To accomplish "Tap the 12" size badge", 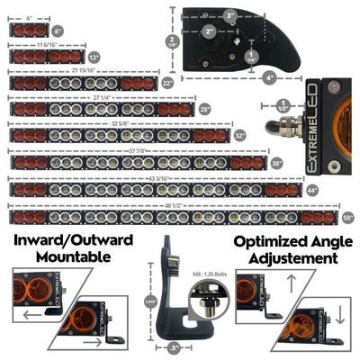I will pyautogui.click(x=94, y=57).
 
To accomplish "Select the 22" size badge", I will pyautogui.click(x=166, y=83).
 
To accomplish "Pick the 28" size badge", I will pyautogui.click(x=204, y=109).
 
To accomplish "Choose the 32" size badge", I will pyautogui.click(x=239, y=135).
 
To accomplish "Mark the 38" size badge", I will pyautogui.click(x=275, y=163).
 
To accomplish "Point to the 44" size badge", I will pyautogui.click(x=312, y=190).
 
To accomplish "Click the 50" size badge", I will pyautogui.click(x=347, y=218).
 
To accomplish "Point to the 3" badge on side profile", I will pyautogui.click(x=230, y=15).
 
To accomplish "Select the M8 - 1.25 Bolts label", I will pyautogui.click(x=210, y=268).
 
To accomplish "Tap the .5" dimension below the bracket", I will pyautogui.click(x=173, y=347).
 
